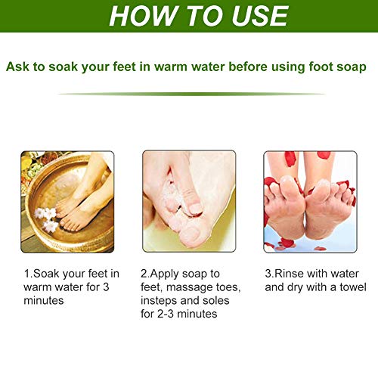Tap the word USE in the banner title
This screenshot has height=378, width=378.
260,16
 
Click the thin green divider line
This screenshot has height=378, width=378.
191,94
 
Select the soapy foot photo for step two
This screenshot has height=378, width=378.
189,201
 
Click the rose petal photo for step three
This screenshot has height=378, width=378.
310,202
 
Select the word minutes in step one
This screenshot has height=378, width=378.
44,300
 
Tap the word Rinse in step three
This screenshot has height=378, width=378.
289,274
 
